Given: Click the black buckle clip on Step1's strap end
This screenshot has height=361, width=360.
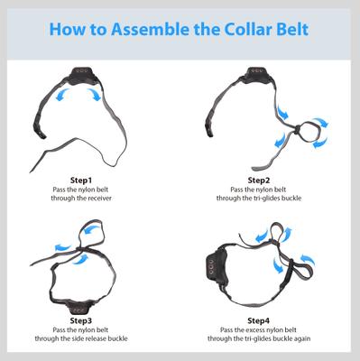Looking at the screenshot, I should (39, 128).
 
